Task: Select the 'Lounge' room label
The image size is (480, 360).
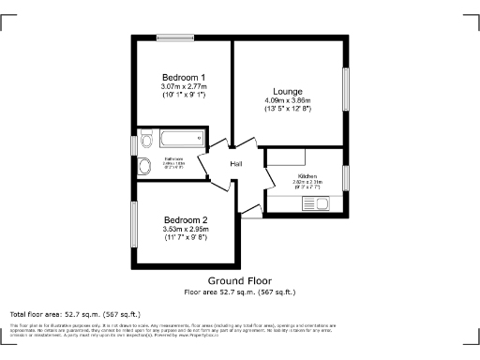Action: [x=287, y=91]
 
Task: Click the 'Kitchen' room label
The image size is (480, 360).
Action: [x=308, y=176]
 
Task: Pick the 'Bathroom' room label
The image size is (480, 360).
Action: [x=174, y=159]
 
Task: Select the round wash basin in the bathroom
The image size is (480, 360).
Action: [x=143, y=167]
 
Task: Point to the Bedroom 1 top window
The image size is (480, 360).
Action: [x=175, y=37]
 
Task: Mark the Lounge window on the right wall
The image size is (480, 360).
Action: [x=349, y=92]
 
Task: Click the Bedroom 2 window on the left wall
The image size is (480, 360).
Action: [x=132, y=225]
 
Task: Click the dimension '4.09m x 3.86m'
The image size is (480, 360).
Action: [x=287, y=100]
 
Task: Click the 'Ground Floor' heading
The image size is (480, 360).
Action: [x=239, y=281]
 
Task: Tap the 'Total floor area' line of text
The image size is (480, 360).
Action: [x=74, y=313]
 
